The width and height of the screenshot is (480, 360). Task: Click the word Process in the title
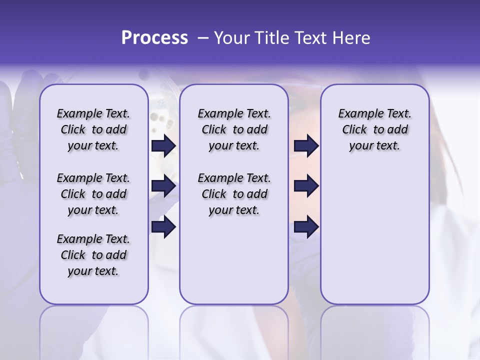coord(154,38)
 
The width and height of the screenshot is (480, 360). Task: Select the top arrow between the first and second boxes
coord(163,146)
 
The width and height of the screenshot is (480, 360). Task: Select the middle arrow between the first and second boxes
coord(163,186)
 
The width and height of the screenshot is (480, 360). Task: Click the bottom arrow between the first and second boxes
coord(163,227)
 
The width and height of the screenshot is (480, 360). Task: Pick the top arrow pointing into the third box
coord(306,146)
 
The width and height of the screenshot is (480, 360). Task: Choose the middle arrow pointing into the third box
coord(306,186)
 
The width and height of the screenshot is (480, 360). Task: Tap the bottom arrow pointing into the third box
coord(306,227)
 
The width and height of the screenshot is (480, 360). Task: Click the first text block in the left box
coord(93,129)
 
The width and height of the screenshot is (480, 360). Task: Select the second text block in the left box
coord(93,194)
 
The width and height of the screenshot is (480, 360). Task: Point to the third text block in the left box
coord(93,255)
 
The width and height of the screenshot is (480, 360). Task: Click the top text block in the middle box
coord(234,129)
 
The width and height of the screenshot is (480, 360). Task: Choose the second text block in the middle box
coord(234,194)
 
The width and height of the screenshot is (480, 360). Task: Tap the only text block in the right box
coord(374,129)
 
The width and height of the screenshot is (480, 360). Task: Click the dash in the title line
coord(203,38)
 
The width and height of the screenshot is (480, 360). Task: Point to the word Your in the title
coord(231,38)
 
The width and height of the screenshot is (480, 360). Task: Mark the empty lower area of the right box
coord(374,235)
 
